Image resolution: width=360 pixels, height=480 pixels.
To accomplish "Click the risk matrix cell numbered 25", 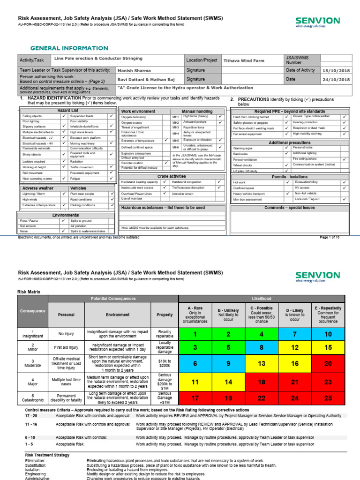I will pos(329,398).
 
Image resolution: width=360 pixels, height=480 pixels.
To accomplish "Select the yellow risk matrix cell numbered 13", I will pos(262,363).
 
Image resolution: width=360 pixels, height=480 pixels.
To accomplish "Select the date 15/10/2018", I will pos(337,70).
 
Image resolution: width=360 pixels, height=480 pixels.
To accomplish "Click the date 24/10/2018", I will pos(337,80).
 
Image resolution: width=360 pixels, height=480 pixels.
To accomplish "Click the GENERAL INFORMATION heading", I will pos(69,48).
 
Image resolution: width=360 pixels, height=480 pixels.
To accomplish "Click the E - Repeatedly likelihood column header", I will pos(329,315).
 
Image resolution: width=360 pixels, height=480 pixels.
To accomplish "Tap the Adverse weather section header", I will pos(38,188).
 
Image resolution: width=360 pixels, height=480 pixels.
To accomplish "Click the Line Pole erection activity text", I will pos(98,59).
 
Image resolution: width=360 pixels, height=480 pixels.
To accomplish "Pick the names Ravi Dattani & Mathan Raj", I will pos(145,80).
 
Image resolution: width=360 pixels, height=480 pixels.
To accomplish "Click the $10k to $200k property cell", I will pos(165,363).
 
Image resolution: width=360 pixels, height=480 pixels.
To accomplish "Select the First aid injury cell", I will pos(66,349).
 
